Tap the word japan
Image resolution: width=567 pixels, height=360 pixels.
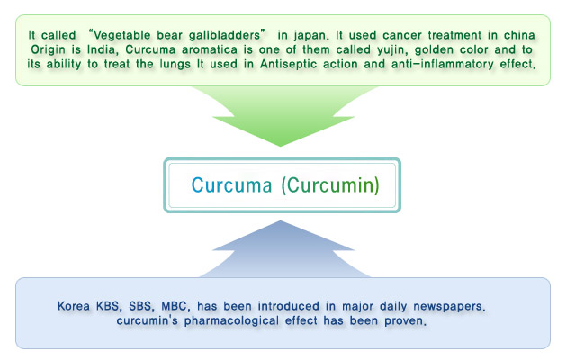[310, 36]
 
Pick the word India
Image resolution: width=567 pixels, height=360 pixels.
[103, 49]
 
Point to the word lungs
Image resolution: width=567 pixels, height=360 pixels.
[175, 64]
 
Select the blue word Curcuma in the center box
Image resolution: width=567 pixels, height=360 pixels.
[231, 185]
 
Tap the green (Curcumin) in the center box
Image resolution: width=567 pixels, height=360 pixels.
[330, 185]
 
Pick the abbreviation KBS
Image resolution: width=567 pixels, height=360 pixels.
[107, 306]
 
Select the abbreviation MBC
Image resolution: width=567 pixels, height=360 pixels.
[174, 306]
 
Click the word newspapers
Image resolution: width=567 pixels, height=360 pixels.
[448, 307]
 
